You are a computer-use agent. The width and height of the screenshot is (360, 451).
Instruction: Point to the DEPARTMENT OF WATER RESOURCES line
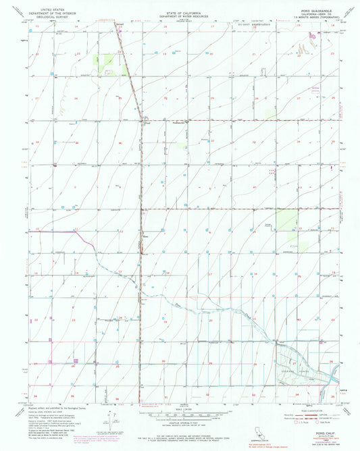pyautogui.click(x=180, y=14)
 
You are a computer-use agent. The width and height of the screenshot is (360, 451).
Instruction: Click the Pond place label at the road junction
pyautogui.click(x=146, y=123)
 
